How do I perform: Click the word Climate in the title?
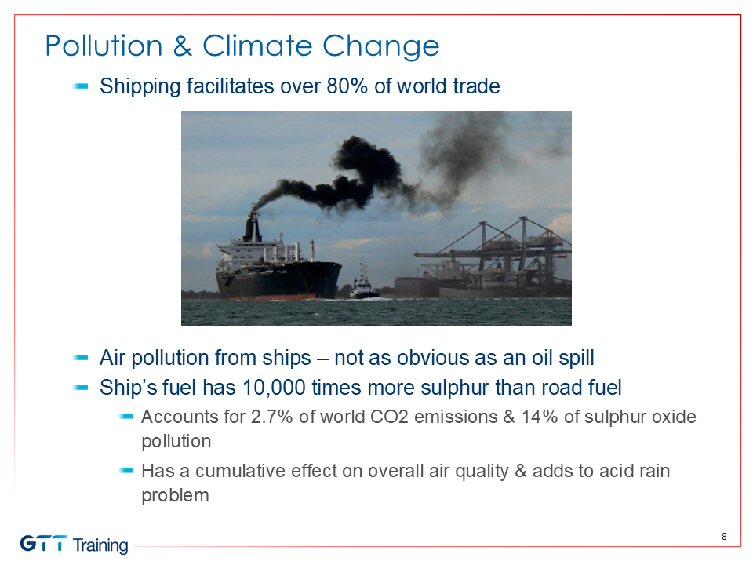(x=258, y=46)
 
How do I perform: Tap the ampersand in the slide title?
(x=183, y=46)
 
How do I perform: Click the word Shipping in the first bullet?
(x=140, y=87)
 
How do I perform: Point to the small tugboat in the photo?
(x=363, y=286)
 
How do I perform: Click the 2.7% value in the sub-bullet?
(x=272, y=417)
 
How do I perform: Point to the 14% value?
(x=540, y=417)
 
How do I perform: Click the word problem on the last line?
(x=175, y=496)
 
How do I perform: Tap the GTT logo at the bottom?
(x=44, y=544)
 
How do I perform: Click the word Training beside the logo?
(x=101, y=546)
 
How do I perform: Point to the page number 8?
(x=724, y=536)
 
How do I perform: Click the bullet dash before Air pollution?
(x=81, y=358)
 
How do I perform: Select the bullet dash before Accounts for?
(x=125, y=417)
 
